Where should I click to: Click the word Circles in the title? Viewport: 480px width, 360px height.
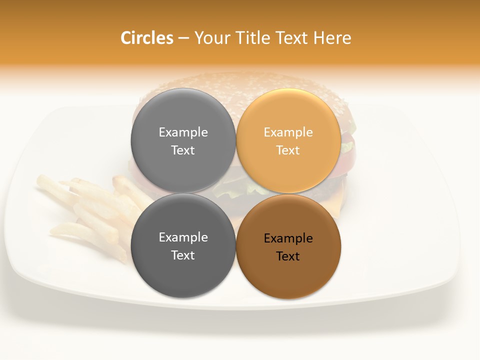click(147, 38)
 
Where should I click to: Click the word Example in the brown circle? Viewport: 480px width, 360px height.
click(288, 238)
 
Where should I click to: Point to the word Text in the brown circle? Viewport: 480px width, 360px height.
click(288, 256)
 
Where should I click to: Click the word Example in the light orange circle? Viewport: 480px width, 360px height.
click(288, 132)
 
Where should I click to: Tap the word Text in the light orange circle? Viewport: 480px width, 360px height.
click(288, 150)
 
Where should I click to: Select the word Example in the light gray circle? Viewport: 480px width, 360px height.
click(183, 132)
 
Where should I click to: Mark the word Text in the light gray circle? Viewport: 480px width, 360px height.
click(183, 150)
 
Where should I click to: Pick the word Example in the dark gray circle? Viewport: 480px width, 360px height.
click(183, 237)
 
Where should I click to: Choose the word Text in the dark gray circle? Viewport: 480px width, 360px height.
click(183, 255)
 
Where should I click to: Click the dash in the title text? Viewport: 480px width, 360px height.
click(183, 38)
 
